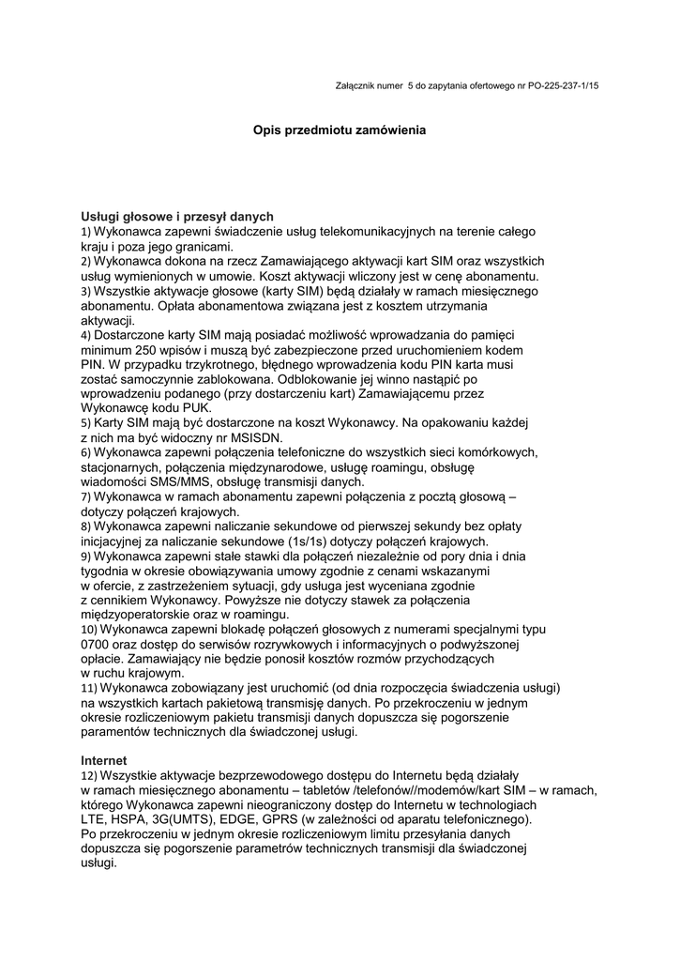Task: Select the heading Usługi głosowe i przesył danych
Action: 177,216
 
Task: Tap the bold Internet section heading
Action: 103,759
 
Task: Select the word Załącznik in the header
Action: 356,85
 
